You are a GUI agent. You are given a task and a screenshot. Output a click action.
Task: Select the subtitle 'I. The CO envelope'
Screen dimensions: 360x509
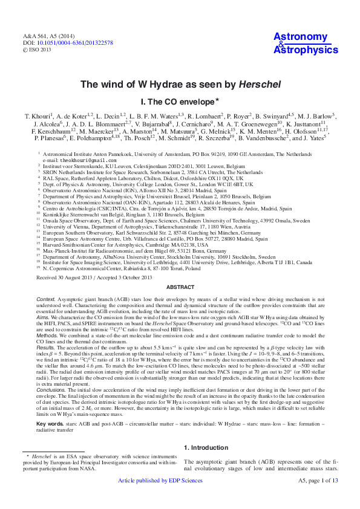point(177,102)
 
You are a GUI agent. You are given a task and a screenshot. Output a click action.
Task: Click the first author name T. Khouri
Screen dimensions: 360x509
point(38,115)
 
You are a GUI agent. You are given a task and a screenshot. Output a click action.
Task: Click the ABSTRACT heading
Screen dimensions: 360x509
point(180,287)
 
